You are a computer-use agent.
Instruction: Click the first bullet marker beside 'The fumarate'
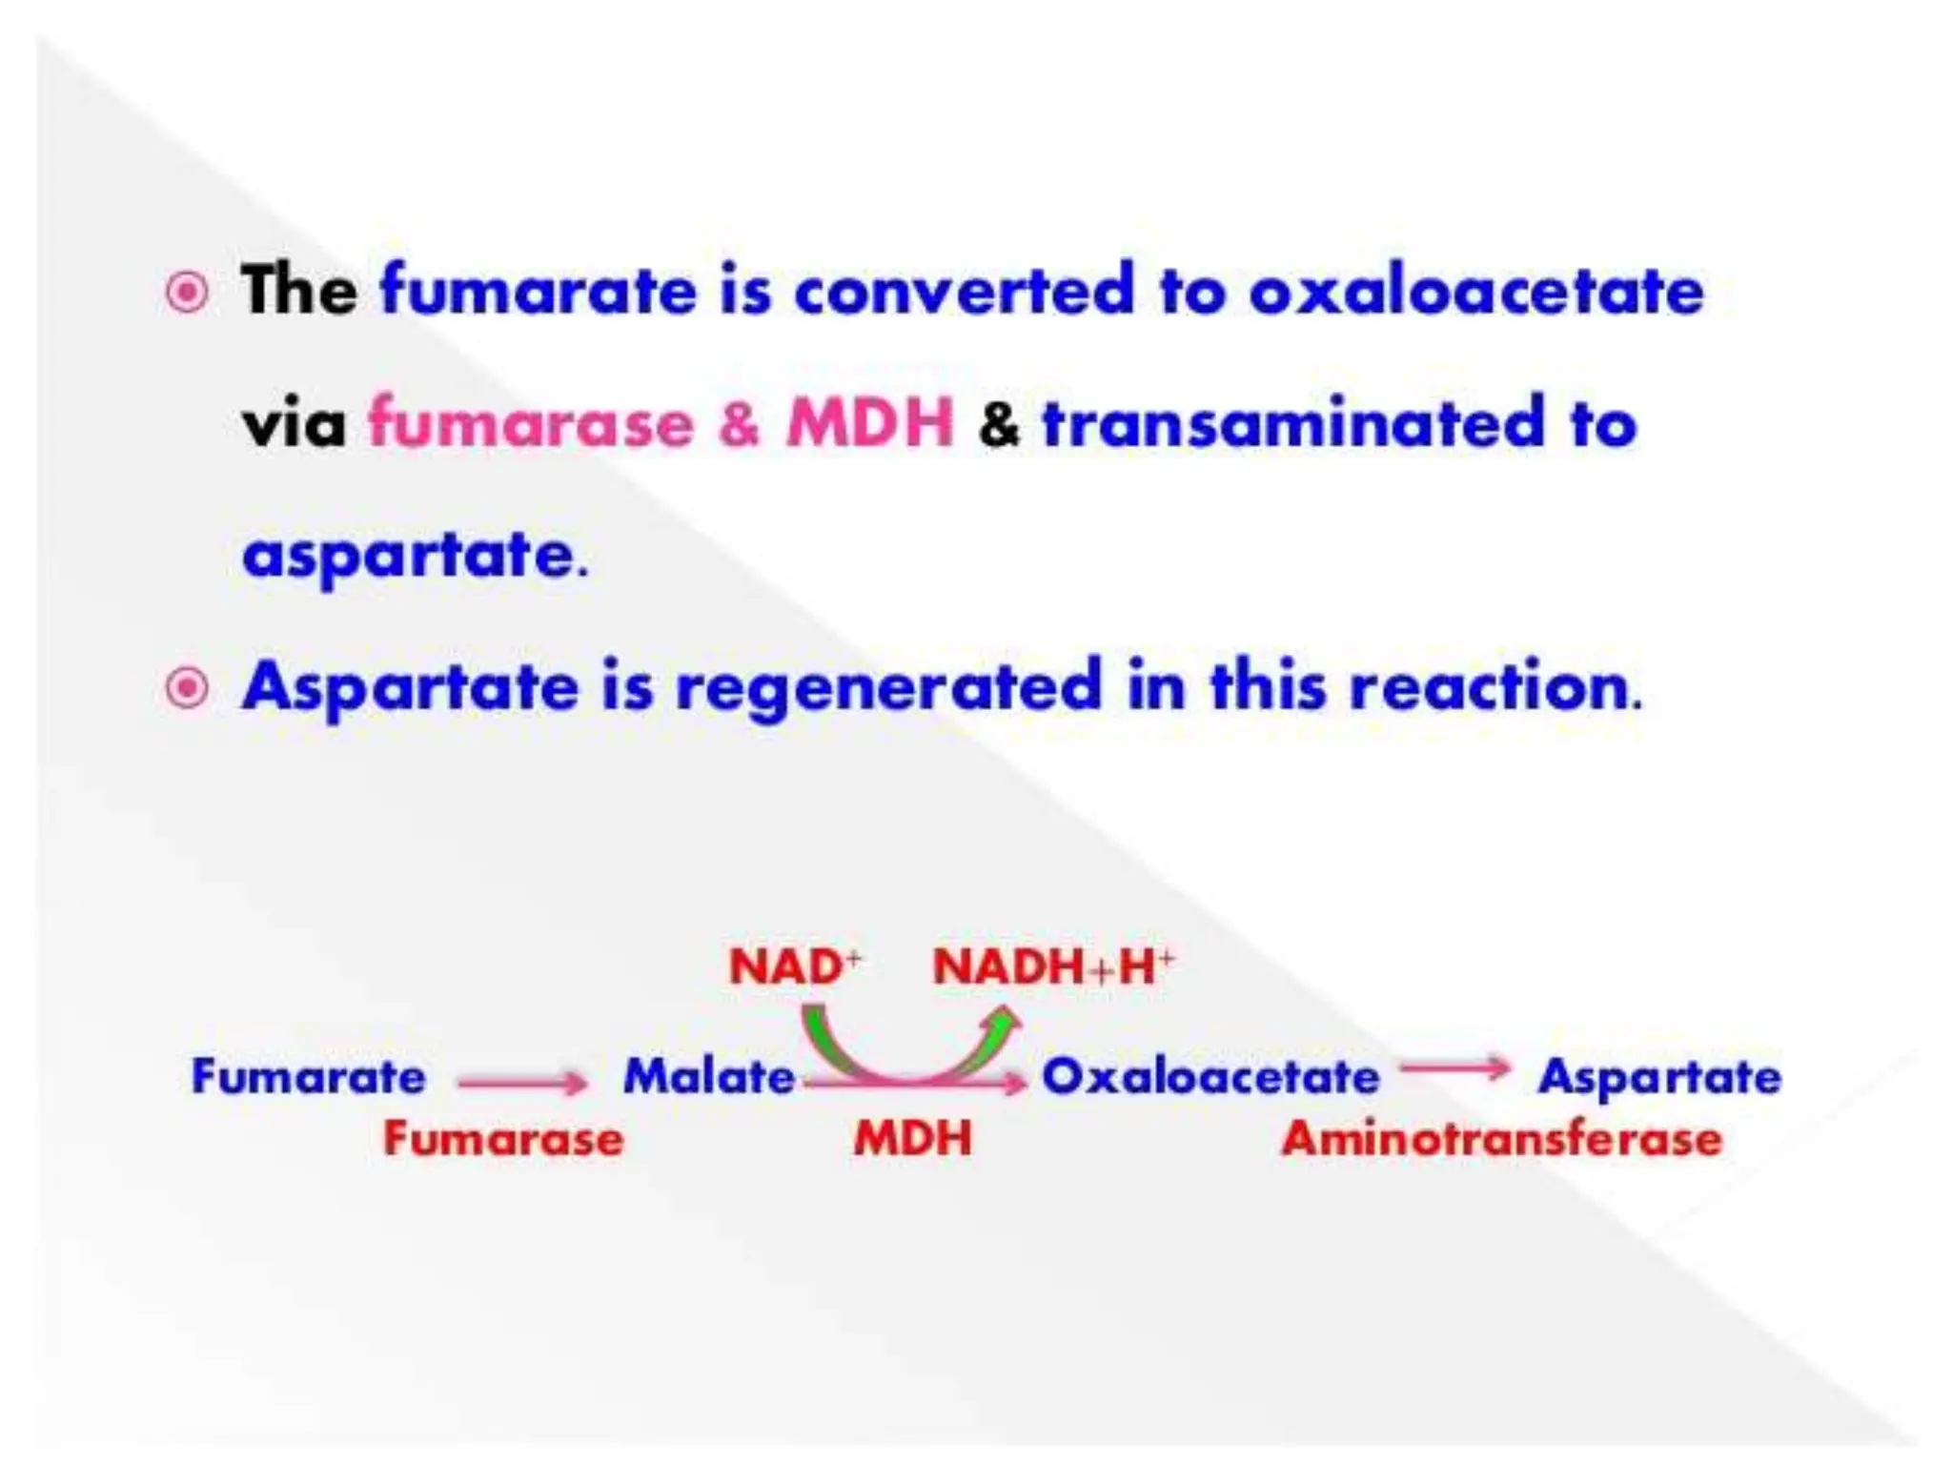coord(187,293)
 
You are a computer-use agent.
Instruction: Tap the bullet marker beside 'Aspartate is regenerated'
coord(187,687)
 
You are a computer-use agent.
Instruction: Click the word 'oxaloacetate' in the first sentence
coord(1475,291)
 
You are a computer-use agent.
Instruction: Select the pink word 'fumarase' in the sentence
coord(531,423)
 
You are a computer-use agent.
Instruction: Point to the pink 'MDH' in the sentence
coord(869,422)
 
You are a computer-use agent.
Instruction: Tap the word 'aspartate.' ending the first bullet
coord(416,556)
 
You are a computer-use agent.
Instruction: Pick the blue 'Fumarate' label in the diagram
coord(308,1078)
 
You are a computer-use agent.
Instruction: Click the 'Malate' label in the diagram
coord(709,1078)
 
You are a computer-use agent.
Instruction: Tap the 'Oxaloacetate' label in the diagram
coord(1210,1078)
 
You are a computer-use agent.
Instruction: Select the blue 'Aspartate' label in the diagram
coord(1659,1078)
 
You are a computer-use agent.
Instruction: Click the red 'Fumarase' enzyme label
coord(503,1139)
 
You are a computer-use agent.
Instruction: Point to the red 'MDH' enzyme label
coord(912,1139)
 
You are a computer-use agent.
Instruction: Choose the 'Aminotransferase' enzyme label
coord(1502,1139)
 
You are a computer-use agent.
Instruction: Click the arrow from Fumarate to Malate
coord(522,1083)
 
